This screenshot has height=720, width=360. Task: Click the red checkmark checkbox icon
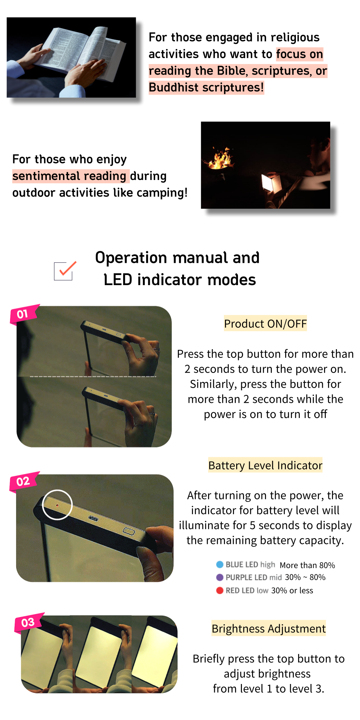(65, 271)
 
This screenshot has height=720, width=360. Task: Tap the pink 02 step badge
(24, 481)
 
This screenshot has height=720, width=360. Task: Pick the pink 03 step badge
(29, 622)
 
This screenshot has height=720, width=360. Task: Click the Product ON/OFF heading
(265, 324)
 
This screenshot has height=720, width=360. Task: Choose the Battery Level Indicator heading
(265, 465)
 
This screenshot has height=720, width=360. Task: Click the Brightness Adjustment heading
(269, 629)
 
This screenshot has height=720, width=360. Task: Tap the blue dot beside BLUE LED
(220, 564)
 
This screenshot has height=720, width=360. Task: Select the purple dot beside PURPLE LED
(220, 577)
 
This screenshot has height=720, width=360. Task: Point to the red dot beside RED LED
(220, 590)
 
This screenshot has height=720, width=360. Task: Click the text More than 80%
(307, 565)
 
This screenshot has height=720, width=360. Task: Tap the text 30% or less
(292, 590)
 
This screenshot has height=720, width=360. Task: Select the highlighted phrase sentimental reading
(69, 176)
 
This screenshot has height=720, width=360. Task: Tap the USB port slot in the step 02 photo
(94, 518)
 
